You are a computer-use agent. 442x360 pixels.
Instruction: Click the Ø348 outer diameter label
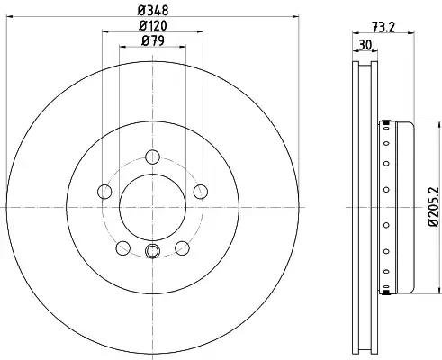[x=151, y=11]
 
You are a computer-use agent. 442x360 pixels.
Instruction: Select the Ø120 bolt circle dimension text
[x=151, y=26]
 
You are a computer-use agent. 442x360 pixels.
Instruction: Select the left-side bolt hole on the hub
[x=104, y=191]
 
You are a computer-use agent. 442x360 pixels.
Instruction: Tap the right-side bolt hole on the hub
[x=200, y=190]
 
